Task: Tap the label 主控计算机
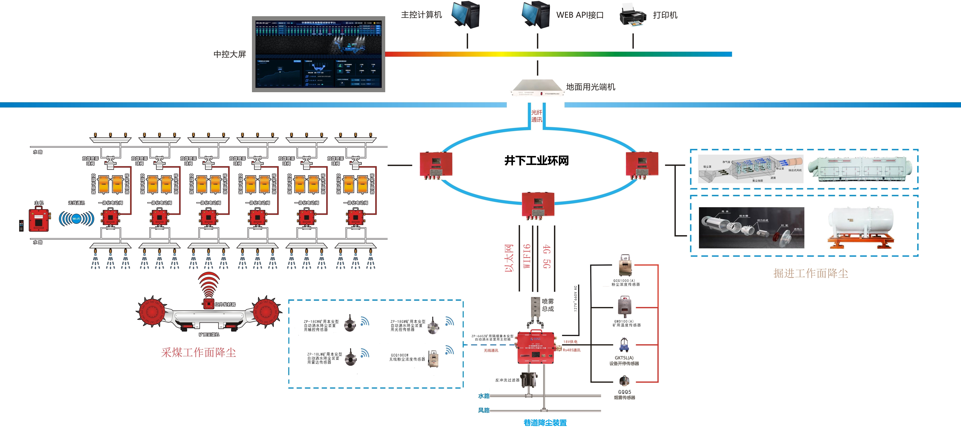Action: [421, 15]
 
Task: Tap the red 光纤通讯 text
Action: [536, 116]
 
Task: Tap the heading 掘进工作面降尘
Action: [810, 273]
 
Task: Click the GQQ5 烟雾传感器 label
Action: [624, 395]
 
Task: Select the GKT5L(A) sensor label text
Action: [624, 360]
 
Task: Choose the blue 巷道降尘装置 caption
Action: [545, 422]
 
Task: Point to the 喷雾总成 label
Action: [548, 305]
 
